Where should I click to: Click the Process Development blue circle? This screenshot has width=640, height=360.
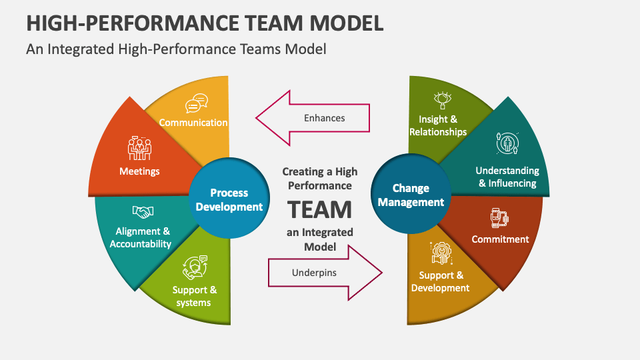[229, 199]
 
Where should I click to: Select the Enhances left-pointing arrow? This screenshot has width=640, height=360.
[313, 118]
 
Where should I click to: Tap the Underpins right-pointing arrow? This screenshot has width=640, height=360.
[325, 273]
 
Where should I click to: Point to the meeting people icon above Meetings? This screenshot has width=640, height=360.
[139, 149]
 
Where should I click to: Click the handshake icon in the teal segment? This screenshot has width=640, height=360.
[142, 211]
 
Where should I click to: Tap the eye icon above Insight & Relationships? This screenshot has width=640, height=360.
[443, 101]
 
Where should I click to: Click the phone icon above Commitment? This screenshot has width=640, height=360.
[499, 217]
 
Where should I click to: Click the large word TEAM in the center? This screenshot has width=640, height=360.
[320, 209]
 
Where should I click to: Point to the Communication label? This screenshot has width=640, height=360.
[193, 123]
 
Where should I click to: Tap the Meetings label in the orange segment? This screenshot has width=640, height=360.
[139, 171]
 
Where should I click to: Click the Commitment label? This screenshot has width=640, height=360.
[500, 239]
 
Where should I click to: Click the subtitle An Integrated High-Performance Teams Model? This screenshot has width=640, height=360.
[176, 49]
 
